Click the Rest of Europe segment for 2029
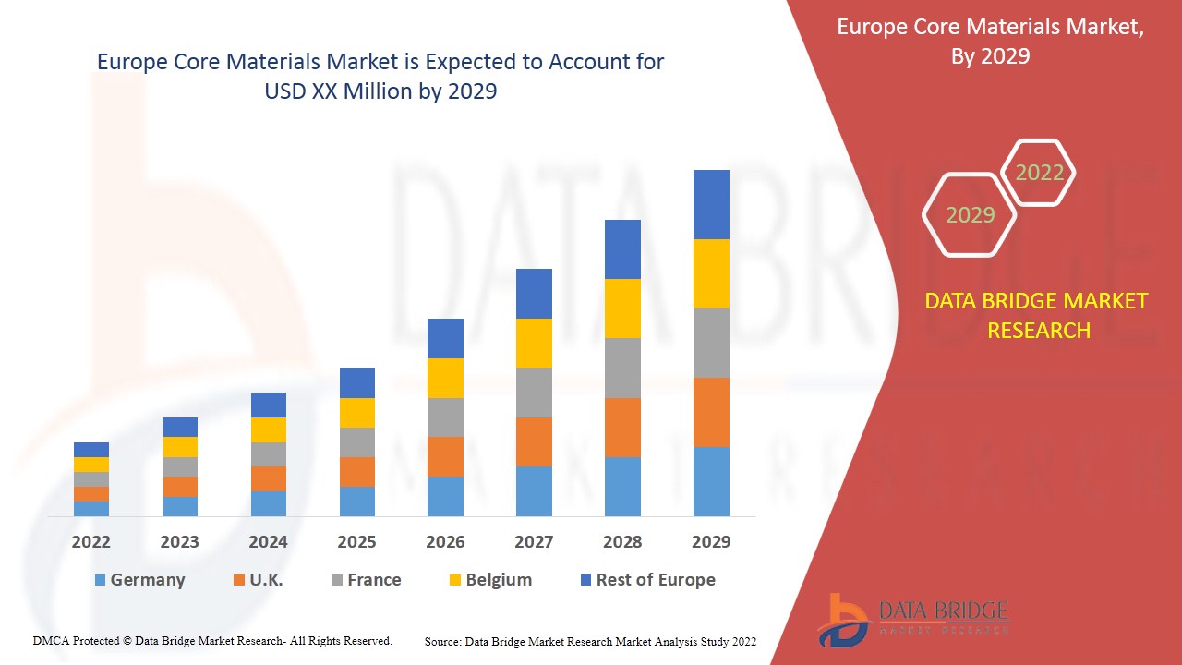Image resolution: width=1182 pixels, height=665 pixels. coord(711,204)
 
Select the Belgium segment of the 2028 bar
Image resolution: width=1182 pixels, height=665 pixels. coord(622,308)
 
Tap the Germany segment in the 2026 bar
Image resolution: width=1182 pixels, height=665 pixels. coord(445,496)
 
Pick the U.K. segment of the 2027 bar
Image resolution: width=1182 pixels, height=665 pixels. coord(534,441)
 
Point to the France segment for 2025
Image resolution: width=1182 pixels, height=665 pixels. coord(357,442)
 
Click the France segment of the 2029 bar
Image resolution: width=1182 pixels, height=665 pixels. coord(711,343)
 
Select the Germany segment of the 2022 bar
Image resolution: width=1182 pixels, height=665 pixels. coord(91,508)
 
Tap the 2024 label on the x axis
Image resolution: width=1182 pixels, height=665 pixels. coord(268,541)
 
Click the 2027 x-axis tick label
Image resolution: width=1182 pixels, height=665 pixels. coord(534,541)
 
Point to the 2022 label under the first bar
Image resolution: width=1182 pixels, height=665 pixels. coord(91,541)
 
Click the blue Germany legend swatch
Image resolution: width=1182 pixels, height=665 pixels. coord(100,580)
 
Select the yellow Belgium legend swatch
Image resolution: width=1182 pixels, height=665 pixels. coord(454,580)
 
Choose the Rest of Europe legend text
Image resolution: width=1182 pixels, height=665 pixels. coord(656,580)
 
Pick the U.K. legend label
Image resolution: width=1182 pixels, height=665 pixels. coord(266,580)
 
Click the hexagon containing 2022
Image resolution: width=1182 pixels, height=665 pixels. coord(1039,173)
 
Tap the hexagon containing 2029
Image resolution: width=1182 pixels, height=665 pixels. coord(970,215)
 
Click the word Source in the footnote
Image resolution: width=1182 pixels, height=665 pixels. coord(442,641)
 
